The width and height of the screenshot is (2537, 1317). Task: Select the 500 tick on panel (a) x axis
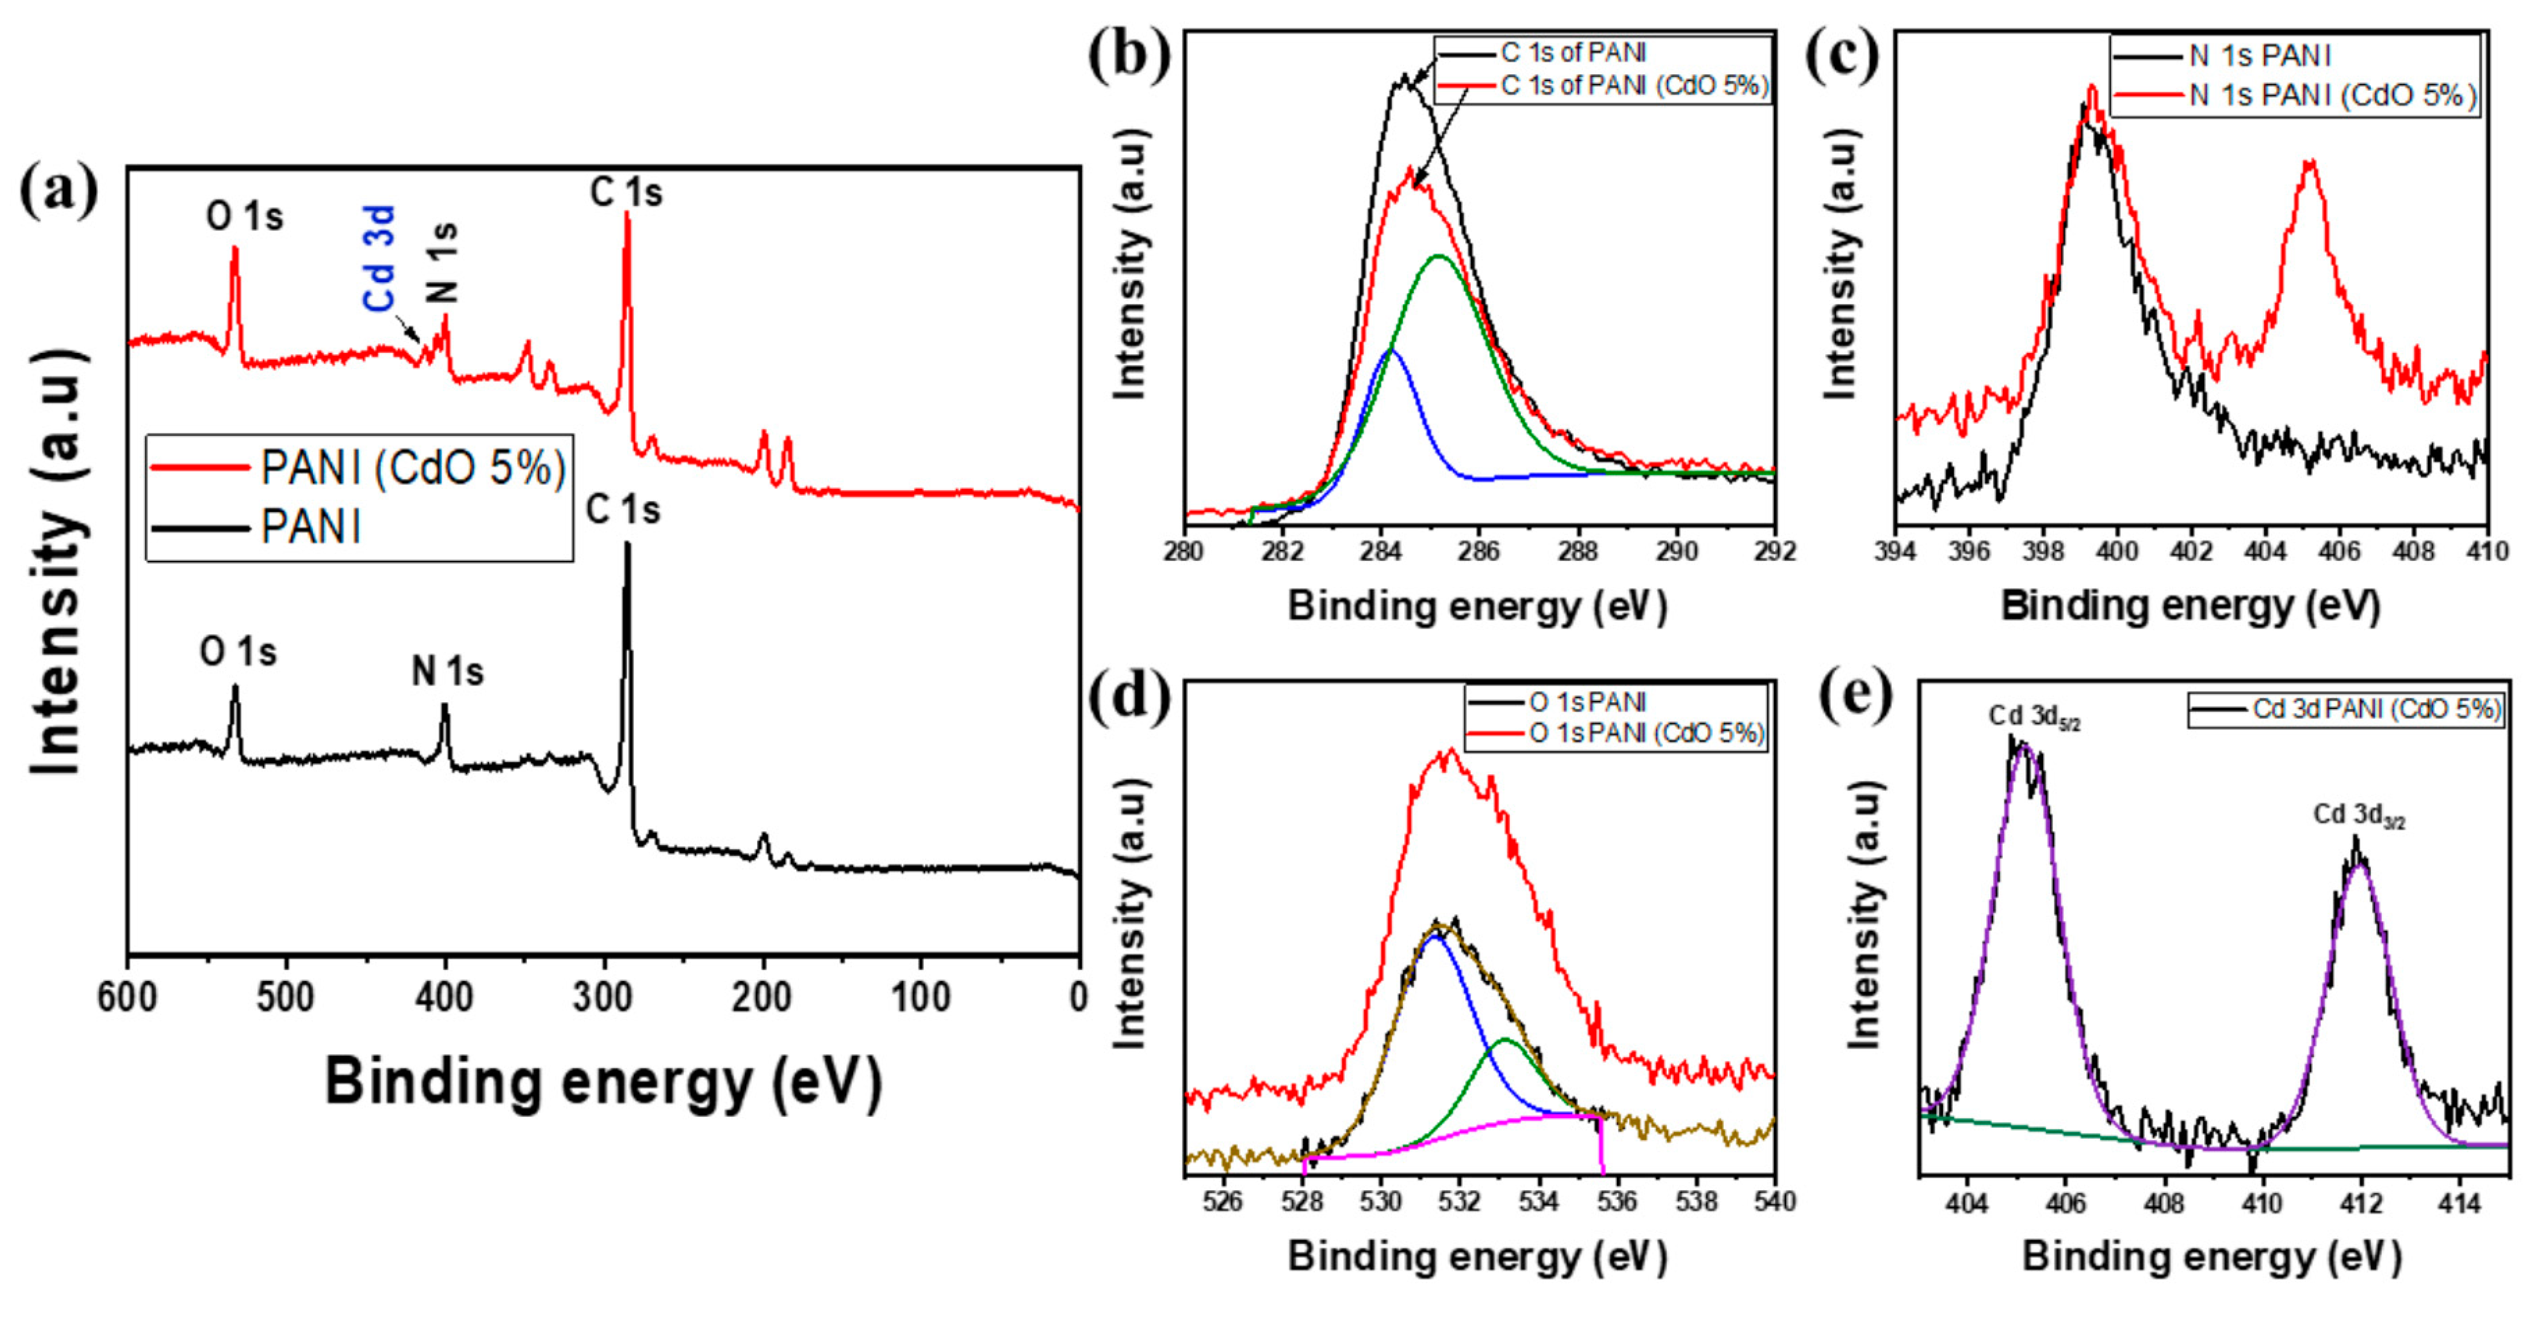point(286,997)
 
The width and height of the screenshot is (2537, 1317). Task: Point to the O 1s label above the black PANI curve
point(238,652)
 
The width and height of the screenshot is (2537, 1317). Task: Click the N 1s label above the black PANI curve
point(448,672)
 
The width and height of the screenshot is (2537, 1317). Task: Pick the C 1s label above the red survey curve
point(627,192)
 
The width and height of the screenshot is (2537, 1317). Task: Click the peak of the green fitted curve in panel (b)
point(1439,256)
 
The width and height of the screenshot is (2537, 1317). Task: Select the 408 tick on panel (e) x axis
point(2164,1203)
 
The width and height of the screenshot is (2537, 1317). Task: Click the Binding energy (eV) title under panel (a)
point(603,1081)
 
